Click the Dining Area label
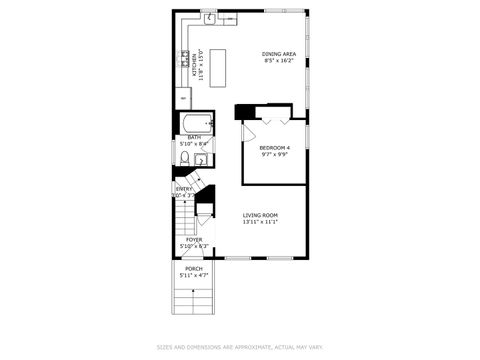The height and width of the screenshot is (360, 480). tap(279, 54)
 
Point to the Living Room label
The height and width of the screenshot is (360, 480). tap(260, 216)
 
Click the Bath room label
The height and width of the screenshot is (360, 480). tap(193, 137)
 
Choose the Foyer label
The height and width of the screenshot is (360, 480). tap(193, 240)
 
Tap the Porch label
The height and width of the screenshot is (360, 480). tap(193, 268)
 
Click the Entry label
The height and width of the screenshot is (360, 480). tap(184, 189)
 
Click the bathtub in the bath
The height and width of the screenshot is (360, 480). tap(193, 123)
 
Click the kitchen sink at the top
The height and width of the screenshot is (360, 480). tap(209, 17)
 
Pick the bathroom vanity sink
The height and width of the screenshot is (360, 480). tap(200, 157)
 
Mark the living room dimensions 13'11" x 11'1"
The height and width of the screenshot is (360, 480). tap(260, 222)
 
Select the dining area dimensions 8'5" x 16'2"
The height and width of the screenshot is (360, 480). tap(279, 61)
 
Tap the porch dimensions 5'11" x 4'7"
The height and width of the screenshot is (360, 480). tap(193, 274)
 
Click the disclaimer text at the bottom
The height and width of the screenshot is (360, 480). tap(239, 348)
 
